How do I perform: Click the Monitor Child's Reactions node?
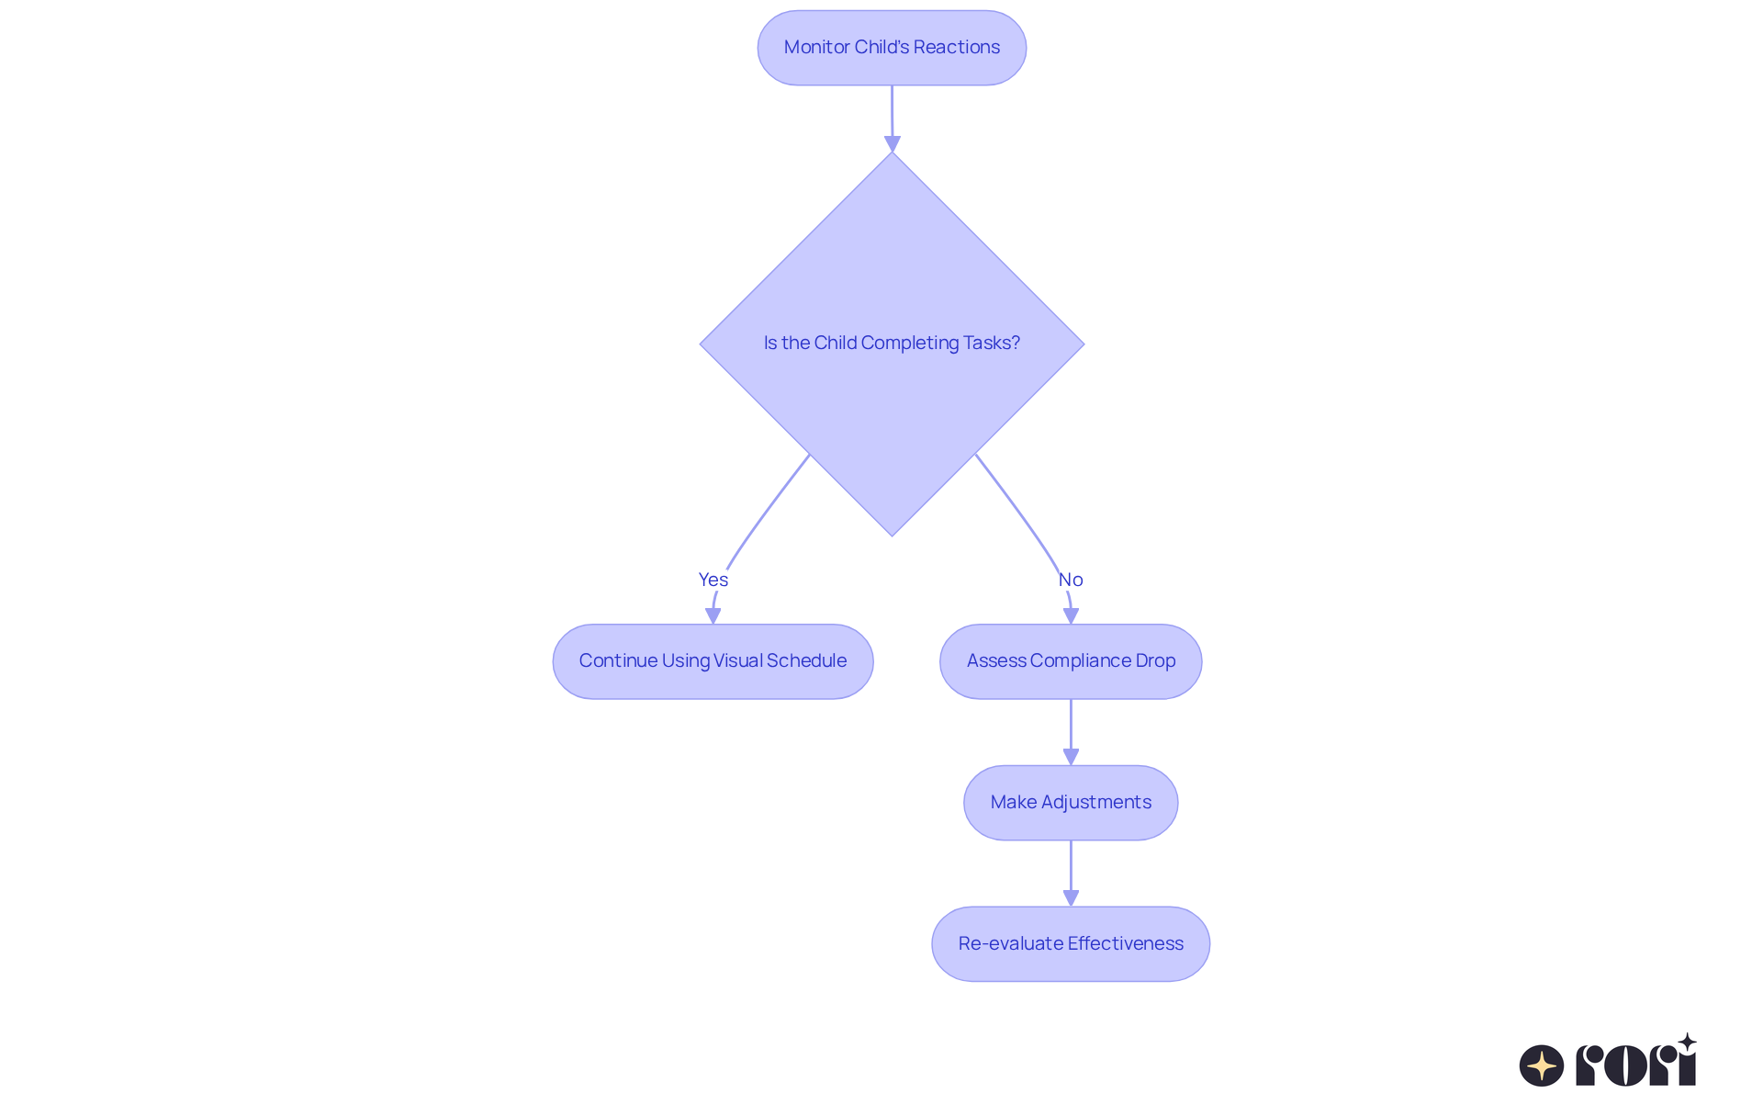coord(892,48)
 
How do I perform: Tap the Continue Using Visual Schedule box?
coord(713,661)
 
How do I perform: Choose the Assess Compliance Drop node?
coord(1071,661)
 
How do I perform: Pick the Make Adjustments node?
coord(1071,803)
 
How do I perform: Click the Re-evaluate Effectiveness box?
coord(1071,944)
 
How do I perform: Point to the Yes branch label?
coord(713,580)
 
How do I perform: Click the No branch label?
coord(1071,580)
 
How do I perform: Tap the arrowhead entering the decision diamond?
coord(893,143)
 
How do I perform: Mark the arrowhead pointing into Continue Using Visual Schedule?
coord(713,615)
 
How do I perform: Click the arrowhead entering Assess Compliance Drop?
coord(1071,615)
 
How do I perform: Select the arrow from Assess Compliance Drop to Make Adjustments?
coord(1071,732)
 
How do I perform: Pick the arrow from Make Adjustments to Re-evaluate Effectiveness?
coord(1071,874)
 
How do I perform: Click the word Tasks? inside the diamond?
coord(992,343)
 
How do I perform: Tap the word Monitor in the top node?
coord(816,47)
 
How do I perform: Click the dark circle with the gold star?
coord(1542,1065)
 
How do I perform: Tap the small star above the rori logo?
coord(1687,1043)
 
